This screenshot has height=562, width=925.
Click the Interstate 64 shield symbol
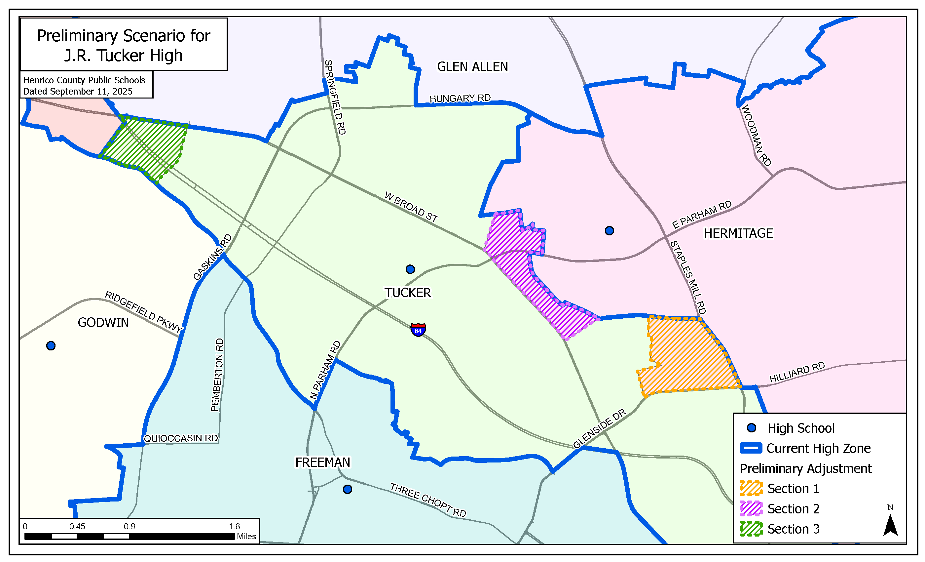pyautogui.click(x=418, y=330)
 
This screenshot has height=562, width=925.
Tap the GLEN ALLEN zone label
pyautogui.click(x=472, y=67)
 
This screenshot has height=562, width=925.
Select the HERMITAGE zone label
pyautogui.click(x=738, y=233)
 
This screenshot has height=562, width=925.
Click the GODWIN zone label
pyautogui.click(x=103, y=322)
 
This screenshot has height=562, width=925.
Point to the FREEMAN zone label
pyautogui.click(x=322, y=462)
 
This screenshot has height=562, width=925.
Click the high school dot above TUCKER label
pyautogui.click(x=410, y=269)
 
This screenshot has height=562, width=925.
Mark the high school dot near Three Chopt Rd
pyautogui.click(x=347, y=489)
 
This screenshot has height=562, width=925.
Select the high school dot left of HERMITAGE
pyautogui.click(x=609, y=231)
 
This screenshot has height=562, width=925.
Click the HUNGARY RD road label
pyautogui.click(x=460, y=99)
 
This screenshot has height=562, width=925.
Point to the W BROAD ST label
pyautogui.click(x=411, y=207)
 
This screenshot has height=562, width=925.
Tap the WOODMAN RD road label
pyautogui.click(x=756, y=136)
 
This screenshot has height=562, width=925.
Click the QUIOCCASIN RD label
pyautogui.click(x=181, y=438)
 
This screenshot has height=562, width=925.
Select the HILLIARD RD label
pyautogui.click(x=797, y=372)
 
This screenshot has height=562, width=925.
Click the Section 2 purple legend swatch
pyautogui.click(x=751, y=508)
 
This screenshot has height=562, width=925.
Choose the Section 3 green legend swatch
pyautogui.click(x=751, y=529)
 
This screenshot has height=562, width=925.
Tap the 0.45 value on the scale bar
pyautogui.click(x=77, y=526)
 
